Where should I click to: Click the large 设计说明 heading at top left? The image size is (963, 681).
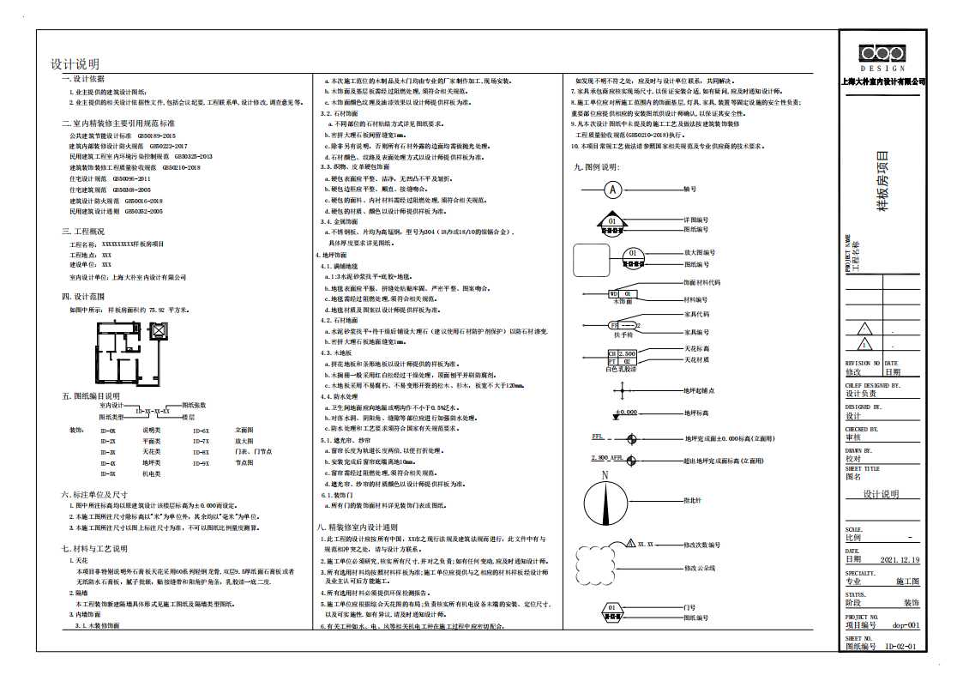pos(75,64)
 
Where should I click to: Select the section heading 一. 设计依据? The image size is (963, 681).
pos(83,78)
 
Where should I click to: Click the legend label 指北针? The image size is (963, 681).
pos(694,500)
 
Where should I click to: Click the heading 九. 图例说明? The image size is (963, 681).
pos(596,167)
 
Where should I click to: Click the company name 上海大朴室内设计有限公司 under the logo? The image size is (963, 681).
pos(882,81)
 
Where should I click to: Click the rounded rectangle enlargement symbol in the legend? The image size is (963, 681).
pos(591,260)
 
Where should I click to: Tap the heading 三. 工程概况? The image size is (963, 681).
pos(83,232)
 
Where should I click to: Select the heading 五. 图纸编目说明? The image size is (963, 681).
pos(90,396)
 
